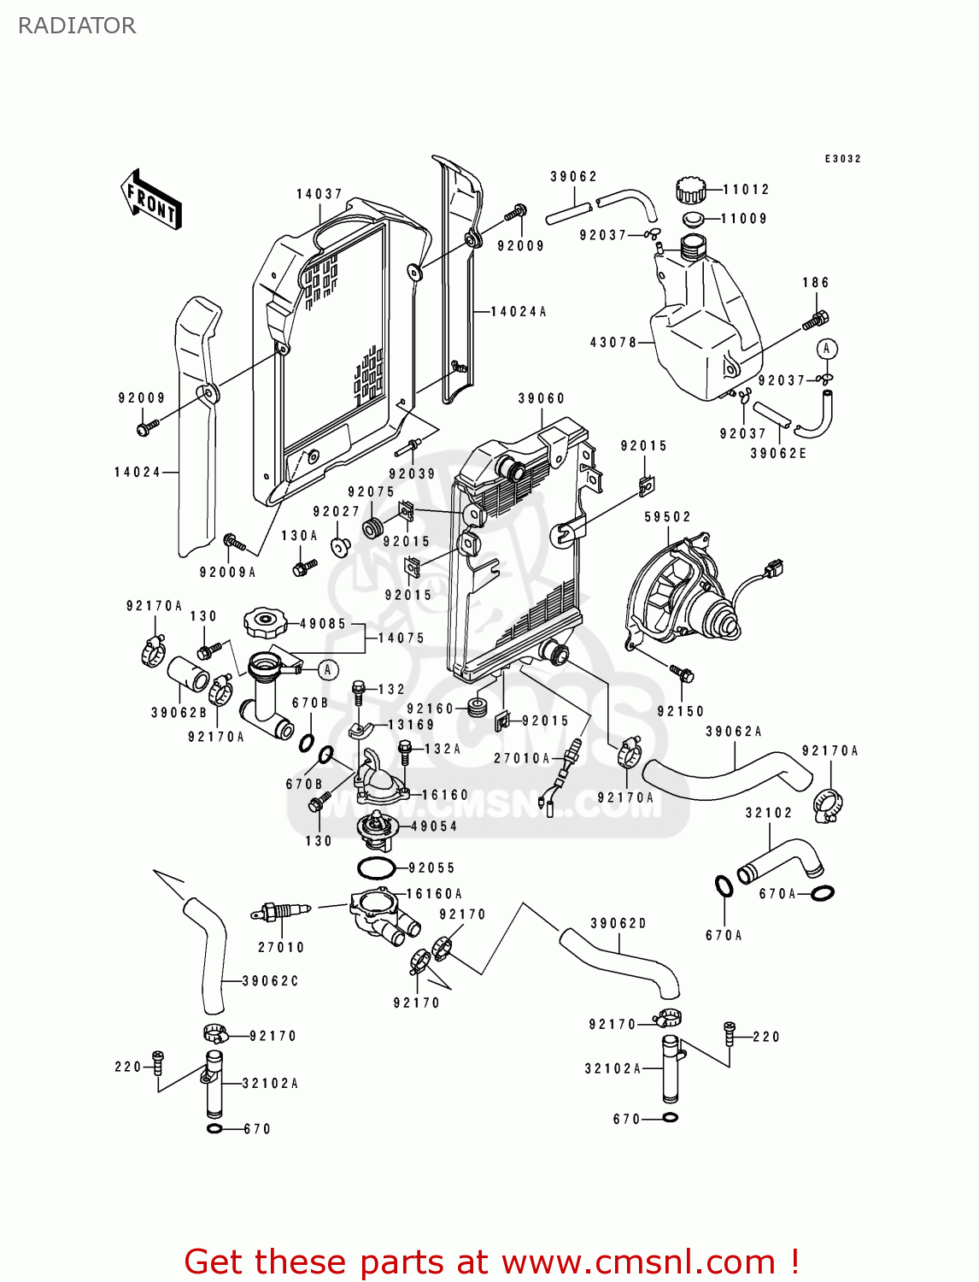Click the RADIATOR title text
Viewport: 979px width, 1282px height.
click(77, 26)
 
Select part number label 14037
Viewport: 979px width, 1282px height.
click(319, 194)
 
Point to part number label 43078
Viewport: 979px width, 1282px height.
click(613, 342)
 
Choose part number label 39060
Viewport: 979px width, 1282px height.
click(542, 398)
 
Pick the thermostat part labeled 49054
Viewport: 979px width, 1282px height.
click(377, 827)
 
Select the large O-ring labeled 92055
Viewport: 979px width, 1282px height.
click(376, 868)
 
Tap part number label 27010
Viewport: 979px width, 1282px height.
click(281, 947)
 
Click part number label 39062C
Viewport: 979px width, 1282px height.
click(270, 981)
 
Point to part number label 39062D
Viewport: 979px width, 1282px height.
click(618, 923)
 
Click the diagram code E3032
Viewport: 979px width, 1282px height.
click(842, 159)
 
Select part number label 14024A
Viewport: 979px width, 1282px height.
click(518, 312)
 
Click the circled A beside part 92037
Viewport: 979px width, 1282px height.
click(826, 349)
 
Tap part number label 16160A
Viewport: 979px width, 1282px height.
click(434, 894)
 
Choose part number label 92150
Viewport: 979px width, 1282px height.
click(681, 711)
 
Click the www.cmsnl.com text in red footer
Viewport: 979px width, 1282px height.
click(638, 1261)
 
